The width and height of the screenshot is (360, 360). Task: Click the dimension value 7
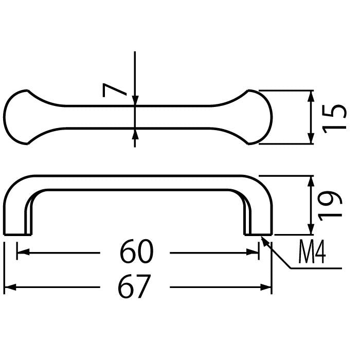coord(114,90)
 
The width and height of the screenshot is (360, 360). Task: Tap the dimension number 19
coord(330,206)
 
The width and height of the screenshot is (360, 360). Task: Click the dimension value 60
coord(137,251)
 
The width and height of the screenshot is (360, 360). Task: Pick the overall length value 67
coord(135,286)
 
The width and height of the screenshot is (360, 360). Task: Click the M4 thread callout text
coord(312,251)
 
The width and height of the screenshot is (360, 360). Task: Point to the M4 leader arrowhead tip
coord(261,236)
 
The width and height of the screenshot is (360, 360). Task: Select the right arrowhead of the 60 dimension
coord(253,252)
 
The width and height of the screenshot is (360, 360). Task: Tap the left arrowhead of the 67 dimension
coord(10,287)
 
